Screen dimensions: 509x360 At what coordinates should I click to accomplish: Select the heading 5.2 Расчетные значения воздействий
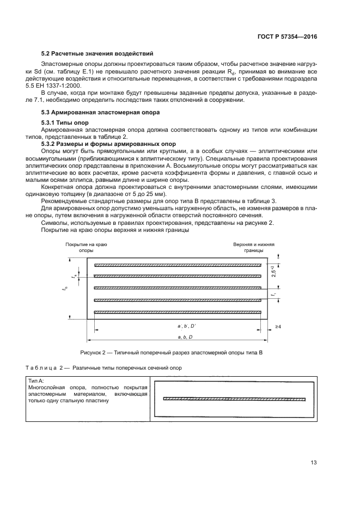click(97, 53)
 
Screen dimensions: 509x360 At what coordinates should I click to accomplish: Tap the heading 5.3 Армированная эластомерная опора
click(101, 112)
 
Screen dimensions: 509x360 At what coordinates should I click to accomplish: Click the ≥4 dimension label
click(278, 326)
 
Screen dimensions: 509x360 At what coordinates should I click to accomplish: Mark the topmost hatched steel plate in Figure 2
click(178, 266)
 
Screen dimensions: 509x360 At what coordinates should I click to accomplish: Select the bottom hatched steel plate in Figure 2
click(178, 312)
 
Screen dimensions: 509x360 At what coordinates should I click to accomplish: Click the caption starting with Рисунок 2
click(171, 352)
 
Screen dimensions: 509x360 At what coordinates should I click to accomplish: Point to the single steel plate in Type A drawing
click(234, 398)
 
